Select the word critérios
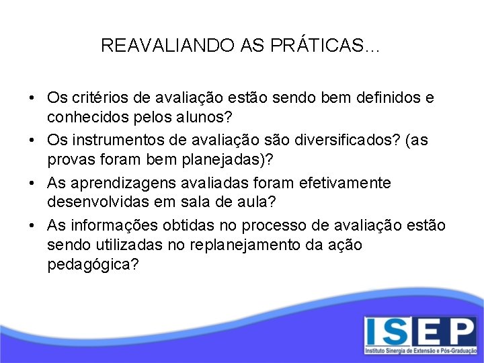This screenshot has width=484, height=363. (98, 98)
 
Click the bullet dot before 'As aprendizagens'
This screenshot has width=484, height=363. (33, 183)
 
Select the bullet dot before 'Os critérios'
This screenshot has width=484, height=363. (33, 98)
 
